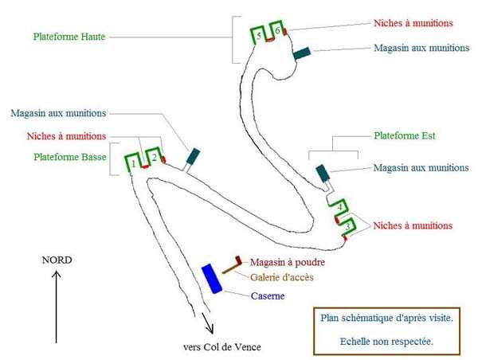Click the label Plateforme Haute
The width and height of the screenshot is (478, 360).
(70, 36)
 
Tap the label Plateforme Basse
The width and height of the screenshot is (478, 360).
(70, 157)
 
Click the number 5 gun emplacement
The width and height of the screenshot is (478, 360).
(259, 35)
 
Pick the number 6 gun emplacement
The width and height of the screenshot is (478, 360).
(277, 30)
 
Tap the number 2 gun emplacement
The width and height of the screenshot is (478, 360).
(155, 158)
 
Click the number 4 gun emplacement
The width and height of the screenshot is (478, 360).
(339, 207)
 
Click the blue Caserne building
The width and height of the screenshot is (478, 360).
(211, 278)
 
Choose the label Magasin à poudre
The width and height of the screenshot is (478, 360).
(288, 262)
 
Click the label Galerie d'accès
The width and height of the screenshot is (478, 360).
(281, 277)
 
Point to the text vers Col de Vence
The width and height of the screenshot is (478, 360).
(221, 346)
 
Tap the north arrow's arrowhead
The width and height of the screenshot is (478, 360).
(57, 276)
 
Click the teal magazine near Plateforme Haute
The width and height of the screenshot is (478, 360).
(301, 54)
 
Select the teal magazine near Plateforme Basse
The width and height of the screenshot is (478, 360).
(193, 156)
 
